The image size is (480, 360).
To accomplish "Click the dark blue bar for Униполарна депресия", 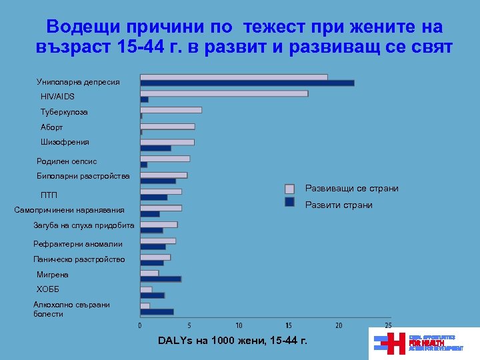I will [x=247, y=83].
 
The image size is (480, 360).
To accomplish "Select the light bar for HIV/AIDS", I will [x=224, y=93].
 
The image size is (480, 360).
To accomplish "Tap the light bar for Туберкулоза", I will [x=171, y=110].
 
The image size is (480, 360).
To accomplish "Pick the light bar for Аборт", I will [x=167, y=126].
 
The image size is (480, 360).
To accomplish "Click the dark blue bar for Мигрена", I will [x=161, y=279].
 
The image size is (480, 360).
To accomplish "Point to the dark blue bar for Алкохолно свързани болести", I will [x=157, y=311].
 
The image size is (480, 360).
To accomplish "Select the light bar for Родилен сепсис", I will [x=165, y=159].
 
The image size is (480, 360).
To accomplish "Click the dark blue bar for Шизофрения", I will [x=155, y=148].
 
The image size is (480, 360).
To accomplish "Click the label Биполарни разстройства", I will [x=83, y=177].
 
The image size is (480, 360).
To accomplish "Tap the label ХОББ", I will [x=48, y=289].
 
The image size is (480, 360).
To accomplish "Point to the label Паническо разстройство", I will [x=79, y=259].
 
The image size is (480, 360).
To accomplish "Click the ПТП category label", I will [x=49, y=195].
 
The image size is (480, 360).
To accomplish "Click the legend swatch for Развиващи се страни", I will [x=290, y=189].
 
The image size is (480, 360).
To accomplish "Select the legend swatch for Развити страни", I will [x=290, y=202].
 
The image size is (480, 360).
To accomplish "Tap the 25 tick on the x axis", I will [x=389, y=325].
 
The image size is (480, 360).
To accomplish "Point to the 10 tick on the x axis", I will [x=239, y=325].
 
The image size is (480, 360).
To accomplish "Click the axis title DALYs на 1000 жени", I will [x=233, y=341].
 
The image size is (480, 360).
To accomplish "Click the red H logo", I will [x=396, y=343].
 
